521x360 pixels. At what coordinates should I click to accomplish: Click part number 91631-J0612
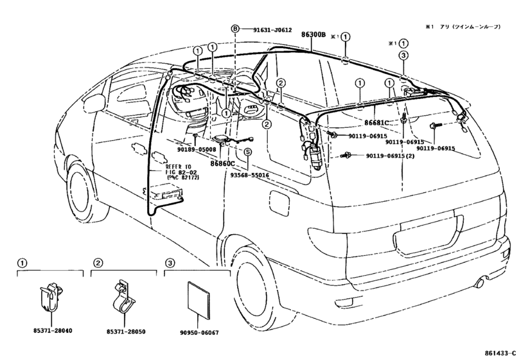click(272, 30)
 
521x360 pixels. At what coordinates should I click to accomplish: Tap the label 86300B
click(313, 34)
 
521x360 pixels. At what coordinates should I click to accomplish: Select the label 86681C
click(376, 123)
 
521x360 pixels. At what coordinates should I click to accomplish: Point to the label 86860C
click(223, 163)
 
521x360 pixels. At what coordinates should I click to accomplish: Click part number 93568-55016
click(249, 175)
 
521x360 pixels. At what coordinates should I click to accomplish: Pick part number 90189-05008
click(197, 149)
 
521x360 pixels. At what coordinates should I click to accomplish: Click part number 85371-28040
click(53, 330)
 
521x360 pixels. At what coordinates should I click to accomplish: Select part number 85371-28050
click(126, 332)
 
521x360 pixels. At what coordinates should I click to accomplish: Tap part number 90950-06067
click(199, 332)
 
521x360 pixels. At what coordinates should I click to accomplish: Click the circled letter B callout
click(235, 29)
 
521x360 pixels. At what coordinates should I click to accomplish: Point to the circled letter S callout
click(248, 152)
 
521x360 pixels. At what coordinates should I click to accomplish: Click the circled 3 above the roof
click(403, 55)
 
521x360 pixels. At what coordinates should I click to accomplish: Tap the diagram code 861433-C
click(501, 353)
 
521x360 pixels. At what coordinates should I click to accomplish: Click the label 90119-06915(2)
click(390, 156)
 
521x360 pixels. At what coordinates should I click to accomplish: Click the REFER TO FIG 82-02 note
click(182, 172)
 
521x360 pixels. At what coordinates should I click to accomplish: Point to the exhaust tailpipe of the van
click(481, 283)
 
